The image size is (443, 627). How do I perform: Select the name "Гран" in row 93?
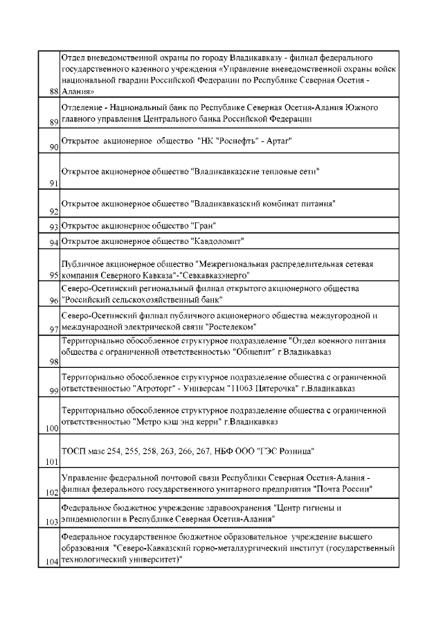206,226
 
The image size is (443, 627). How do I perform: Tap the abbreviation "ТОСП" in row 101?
73,452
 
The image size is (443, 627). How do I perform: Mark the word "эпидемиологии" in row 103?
91,518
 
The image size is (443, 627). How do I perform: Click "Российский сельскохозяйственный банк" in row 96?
141,300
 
